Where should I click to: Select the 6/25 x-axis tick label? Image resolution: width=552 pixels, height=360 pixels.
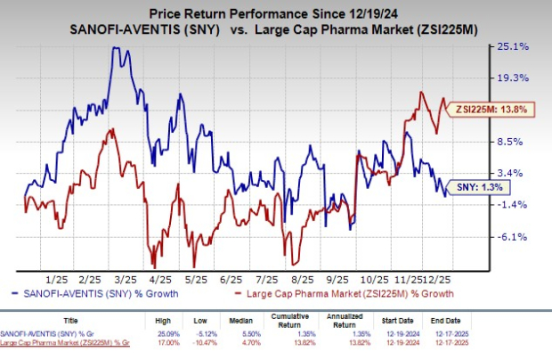click(x=236, y=278)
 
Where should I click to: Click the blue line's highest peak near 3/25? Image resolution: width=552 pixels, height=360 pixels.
click(x=115, y=47)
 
